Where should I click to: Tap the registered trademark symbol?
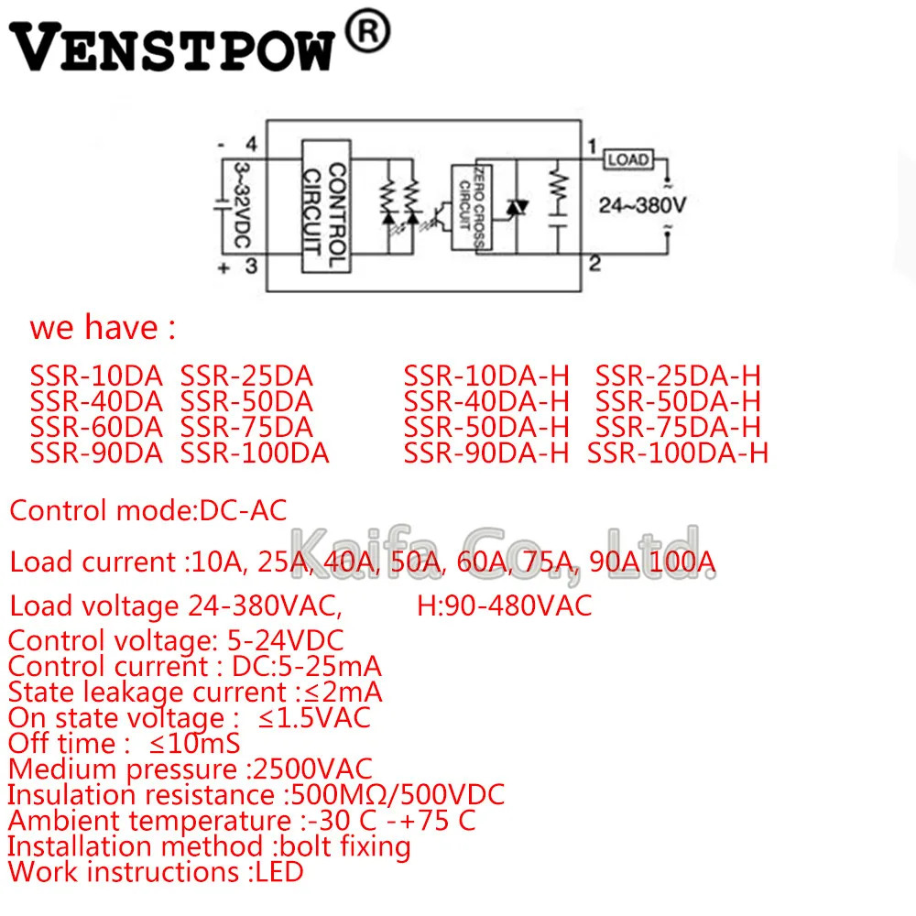365,33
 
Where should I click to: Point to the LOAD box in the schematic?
627,159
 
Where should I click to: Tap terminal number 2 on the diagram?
594,265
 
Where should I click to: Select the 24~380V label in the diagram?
641,205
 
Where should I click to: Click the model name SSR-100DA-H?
678,453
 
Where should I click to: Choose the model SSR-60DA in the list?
96,427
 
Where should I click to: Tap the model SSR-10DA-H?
486,376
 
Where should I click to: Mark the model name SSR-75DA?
246,427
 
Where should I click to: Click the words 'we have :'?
102,328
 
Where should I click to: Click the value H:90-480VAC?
504,605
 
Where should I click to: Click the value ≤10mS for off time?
194,744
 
